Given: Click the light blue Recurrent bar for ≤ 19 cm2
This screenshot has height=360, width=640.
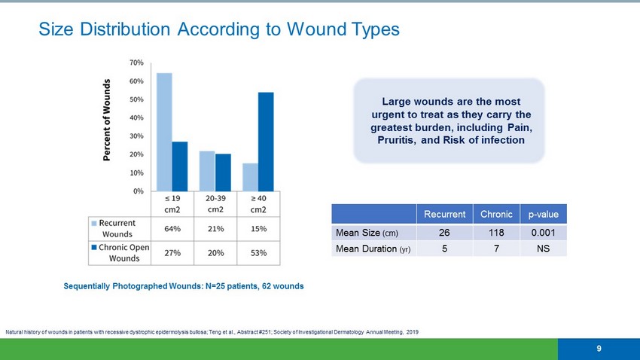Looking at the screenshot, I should (164, 132).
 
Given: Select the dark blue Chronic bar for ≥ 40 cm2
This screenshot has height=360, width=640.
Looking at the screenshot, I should (266, 142).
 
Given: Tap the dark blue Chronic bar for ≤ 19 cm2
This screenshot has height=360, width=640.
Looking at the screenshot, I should (180, 166).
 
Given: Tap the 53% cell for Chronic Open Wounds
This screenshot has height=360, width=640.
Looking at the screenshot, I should (258, 253).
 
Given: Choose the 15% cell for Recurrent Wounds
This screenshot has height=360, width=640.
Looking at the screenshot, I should (258, 228).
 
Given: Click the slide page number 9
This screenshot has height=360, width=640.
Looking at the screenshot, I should (599, 348).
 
